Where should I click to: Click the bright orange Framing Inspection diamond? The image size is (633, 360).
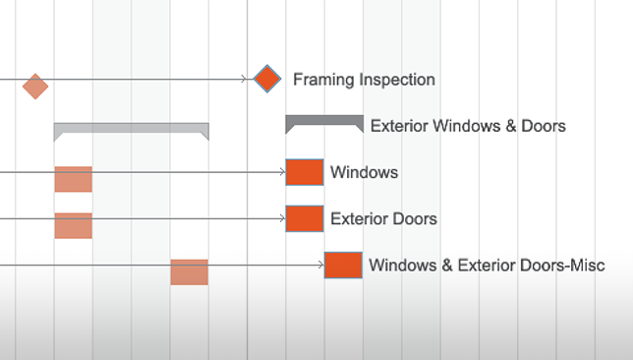click(x=267, y=80)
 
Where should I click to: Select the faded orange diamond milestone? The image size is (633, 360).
click(x=35, y=87)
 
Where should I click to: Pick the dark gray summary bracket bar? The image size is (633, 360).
click(x=324, y=121)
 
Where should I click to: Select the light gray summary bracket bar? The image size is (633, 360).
click(x=131, y=128)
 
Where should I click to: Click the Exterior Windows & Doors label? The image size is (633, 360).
click(x=468, y=126)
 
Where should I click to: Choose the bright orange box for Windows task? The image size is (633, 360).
click(x=305, y=172)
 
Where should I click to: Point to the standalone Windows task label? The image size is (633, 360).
click(x=364, y=172)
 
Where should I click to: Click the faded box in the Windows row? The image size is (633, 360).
click(x=74, y=179)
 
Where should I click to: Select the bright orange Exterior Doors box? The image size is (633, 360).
click(x=305, y=218)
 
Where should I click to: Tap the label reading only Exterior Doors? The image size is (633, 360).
click(x=383, y=218)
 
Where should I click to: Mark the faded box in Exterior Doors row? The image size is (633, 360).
click(x=74, y=225)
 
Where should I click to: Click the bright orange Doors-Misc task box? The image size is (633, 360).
click(x=343, y=265)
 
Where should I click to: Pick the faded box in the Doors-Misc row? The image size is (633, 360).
click(x=189, y=271)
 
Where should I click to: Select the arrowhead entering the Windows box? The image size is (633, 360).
click(x=282, y=172)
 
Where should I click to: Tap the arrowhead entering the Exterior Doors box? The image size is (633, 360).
click(x=282, y=218)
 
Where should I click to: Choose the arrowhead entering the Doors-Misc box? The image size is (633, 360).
click(x=320, y=265)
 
